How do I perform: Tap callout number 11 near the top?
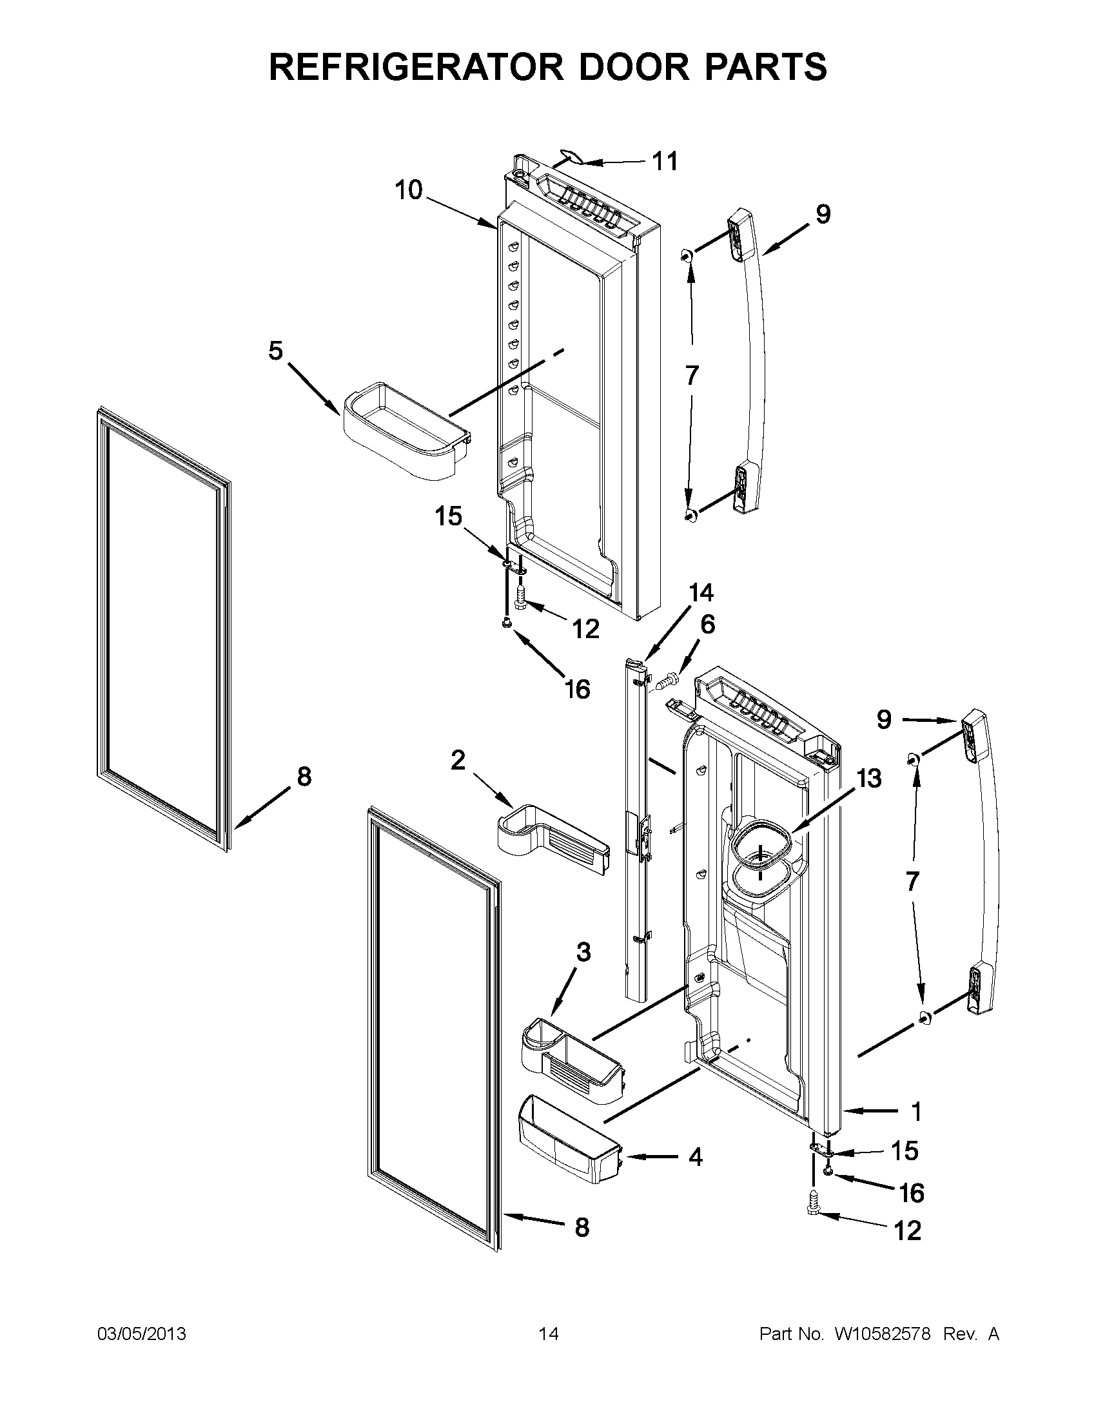[664, 161]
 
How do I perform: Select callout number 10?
[409, 190]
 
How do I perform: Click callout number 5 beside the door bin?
[276, 351]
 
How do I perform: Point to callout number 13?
[869, 778]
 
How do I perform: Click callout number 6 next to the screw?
[708, 624]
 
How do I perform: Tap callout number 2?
[458, 760]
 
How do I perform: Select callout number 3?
[583, 953]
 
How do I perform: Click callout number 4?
[696, 1156]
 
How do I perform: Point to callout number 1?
[915, 1112]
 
